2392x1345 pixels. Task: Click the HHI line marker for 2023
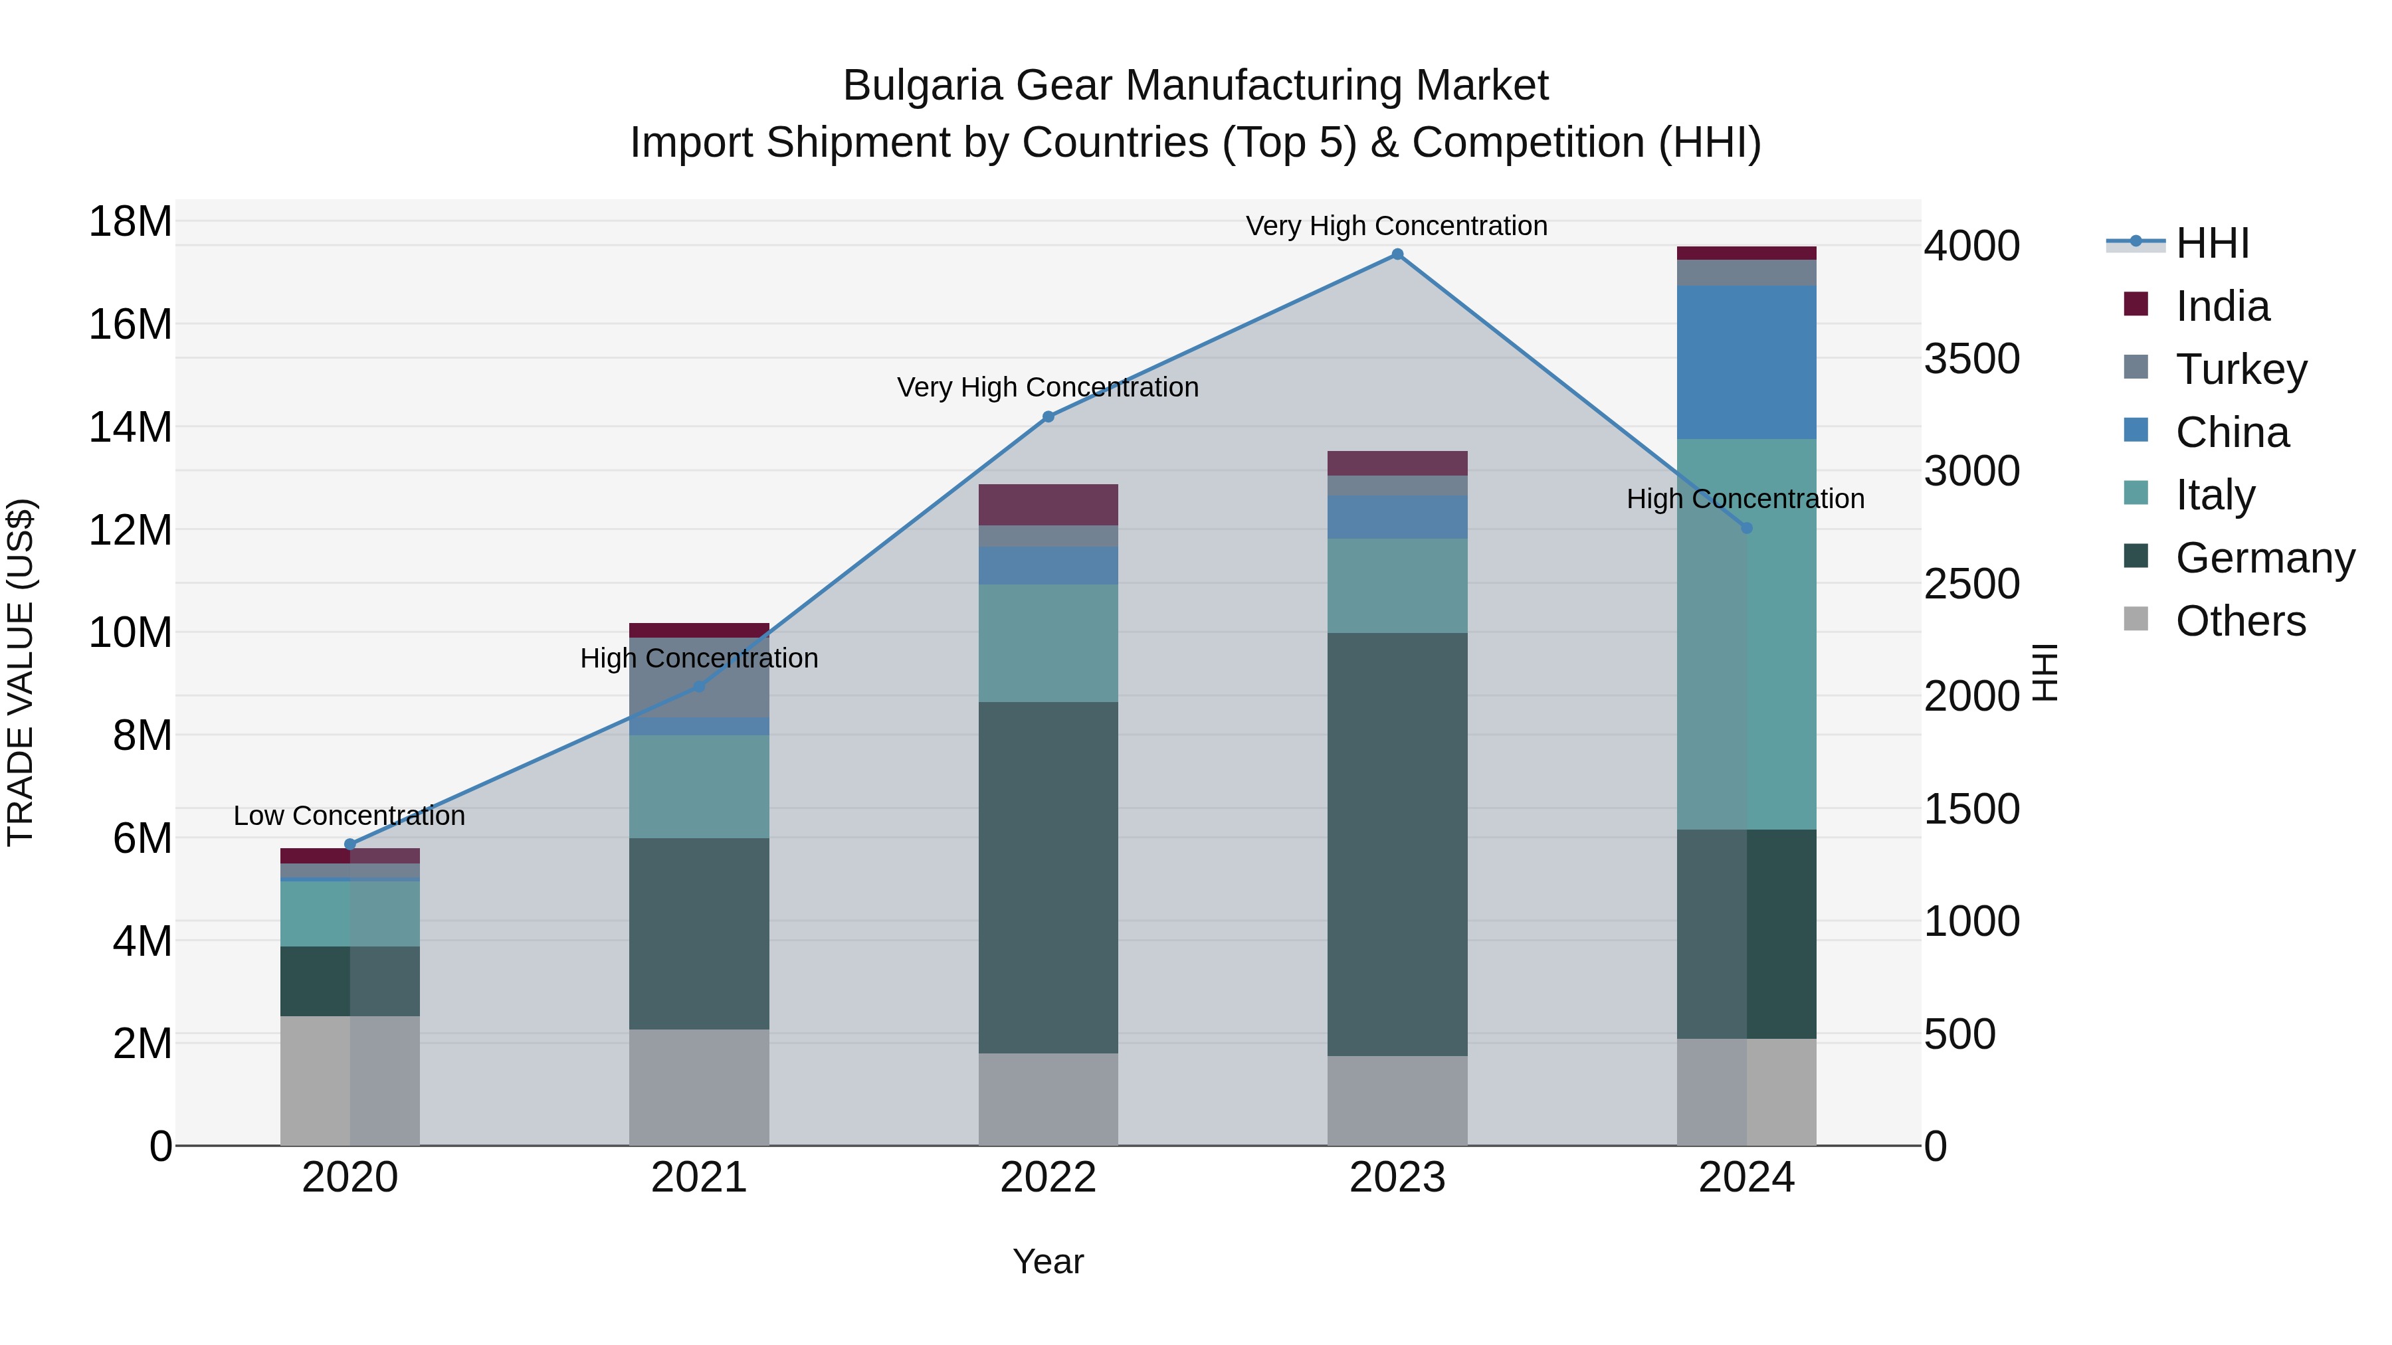coord(1397,254)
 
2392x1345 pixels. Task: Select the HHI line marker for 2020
coord(350,845)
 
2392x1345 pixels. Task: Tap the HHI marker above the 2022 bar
coord(1048,416)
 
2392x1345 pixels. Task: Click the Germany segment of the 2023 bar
coord(1397,845)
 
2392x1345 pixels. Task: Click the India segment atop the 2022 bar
coord(1048,505)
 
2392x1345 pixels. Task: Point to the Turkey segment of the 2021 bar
coord(698,677)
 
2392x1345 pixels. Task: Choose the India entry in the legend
coord(2222,306)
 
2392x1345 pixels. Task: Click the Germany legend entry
coord(2264,558)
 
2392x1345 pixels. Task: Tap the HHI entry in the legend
coord(2212,243)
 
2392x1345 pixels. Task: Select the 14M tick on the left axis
coord(131,428)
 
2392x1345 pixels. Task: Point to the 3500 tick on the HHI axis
coord(1971,359)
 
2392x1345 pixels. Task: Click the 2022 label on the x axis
coord(1048,1178)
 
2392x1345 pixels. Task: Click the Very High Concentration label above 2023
coord(1397,226)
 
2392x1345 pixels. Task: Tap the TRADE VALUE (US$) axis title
coord(21,672)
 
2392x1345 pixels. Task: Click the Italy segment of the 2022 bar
coord(1048,643)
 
